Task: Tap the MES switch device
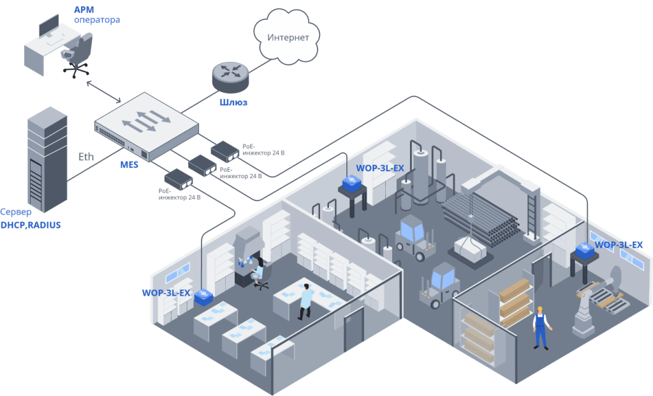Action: [145, 125]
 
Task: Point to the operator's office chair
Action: [78, 56]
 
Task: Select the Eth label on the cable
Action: [86, 156]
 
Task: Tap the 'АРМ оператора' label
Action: [96, 15]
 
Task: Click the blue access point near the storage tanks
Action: [352, 184]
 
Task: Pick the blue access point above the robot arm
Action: [585, 250]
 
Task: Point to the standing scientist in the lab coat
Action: [305, 300]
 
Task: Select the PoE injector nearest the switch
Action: [225, 150]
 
